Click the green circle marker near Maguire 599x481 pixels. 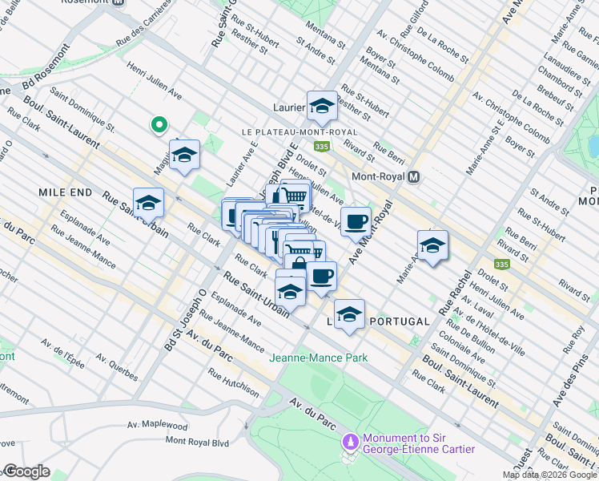pyautogui.click(x=159, y=124)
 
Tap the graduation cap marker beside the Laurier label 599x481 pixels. pyautogui.click(x=322, y=106)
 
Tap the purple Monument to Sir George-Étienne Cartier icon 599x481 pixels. pyautogui.click(x=350, y=442)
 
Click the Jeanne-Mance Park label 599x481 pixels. pyautogui.click(x=319, y=358)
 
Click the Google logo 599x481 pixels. pyautogui.click(x=26, y=471)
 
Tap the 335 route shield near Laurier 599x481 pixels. pyautogui.click(x=322, y=146)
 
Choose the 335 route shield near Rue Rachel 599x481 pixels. pyautogui.click(x=502, y=264)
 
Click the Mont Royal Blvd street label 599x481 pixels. pyautogui.click(x=197, y=441)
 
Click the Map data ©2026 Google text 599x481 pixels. pyautogui.click(x=549, y=475)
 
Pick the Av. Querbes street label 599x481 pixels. pyautogui.click(x=116, y=369)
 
